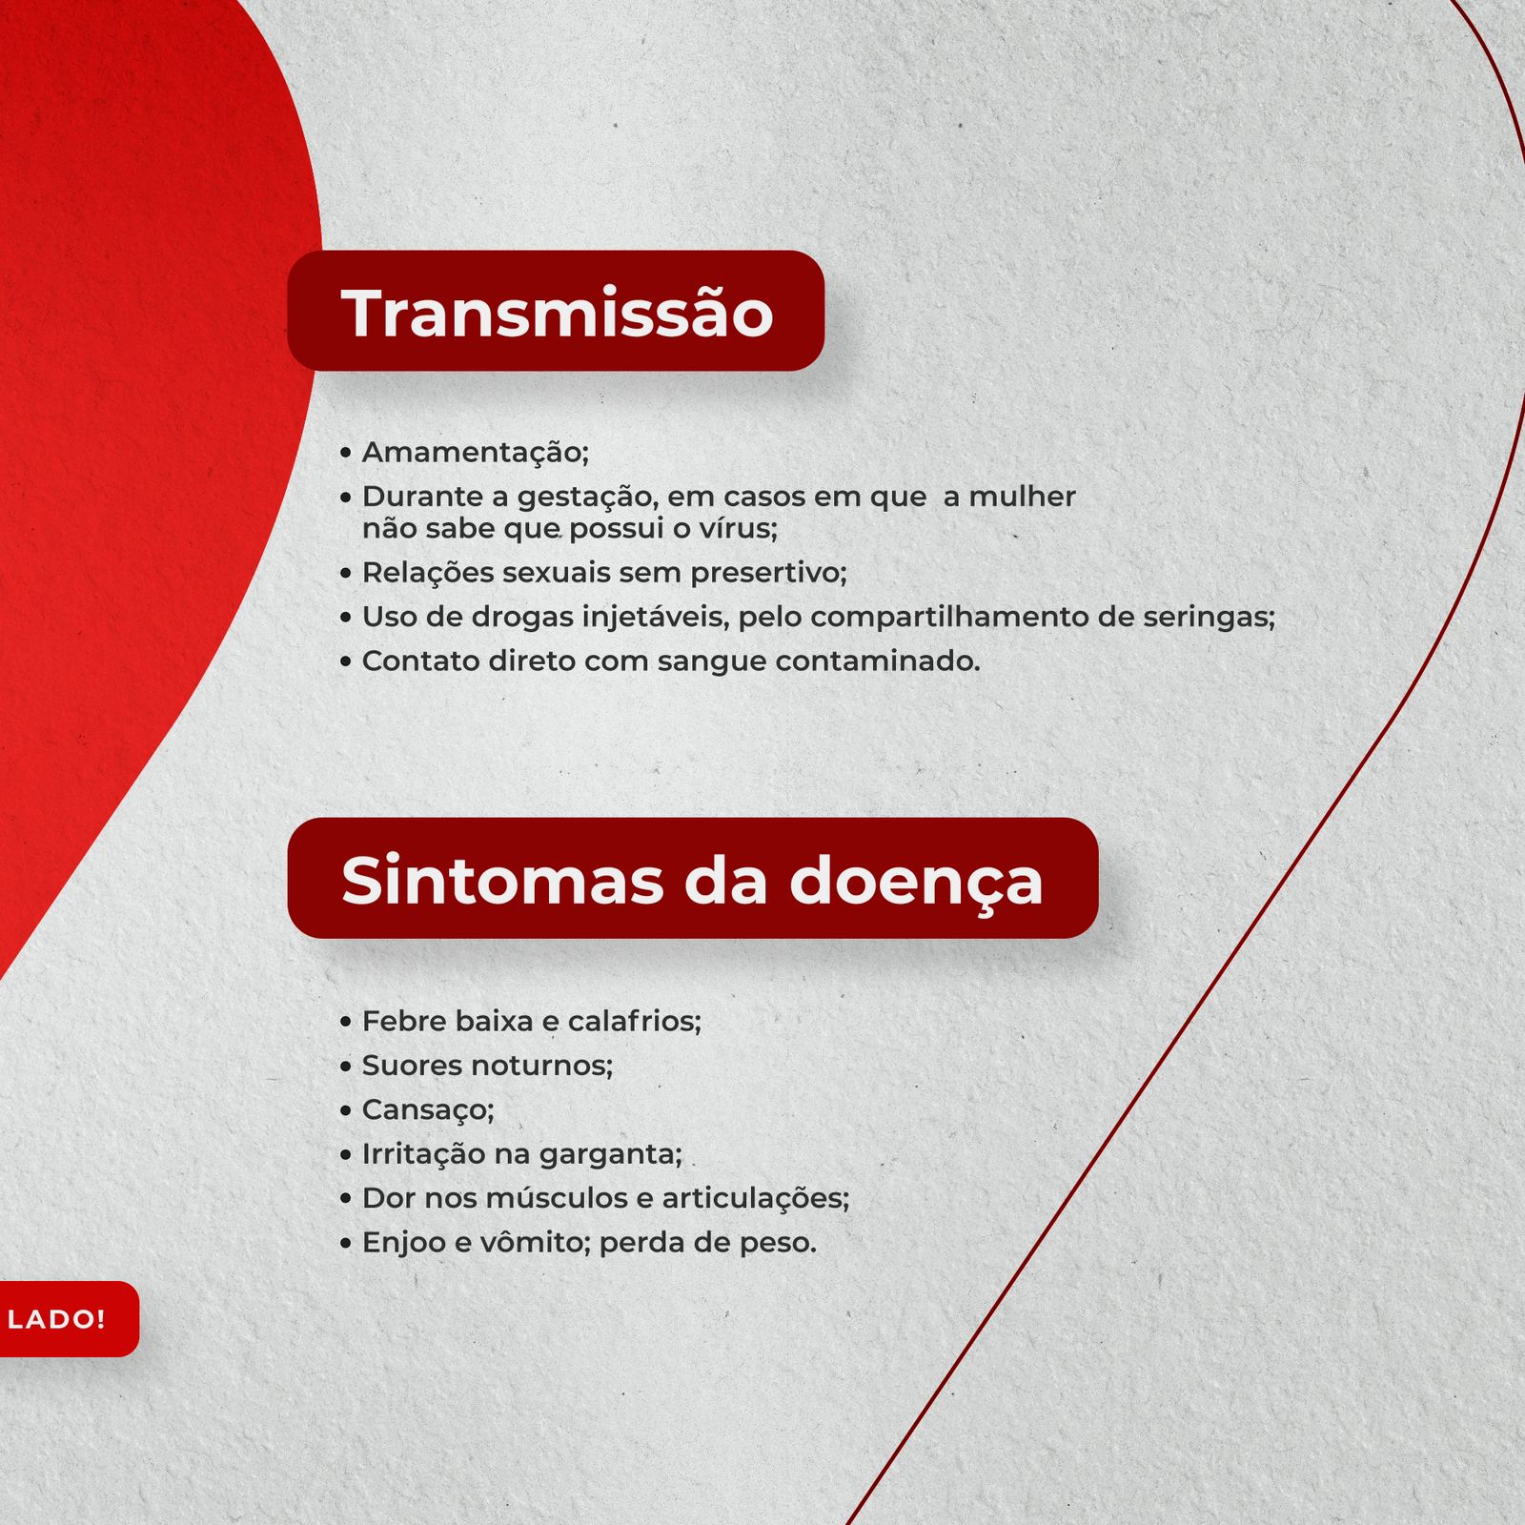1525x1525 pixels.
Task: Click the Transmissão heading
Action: [x=557, y=314]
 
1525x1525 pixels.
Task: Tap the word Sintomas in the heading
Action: [x=502, y=880]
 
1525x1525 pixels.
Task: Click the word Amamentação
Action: [x=474, y=453]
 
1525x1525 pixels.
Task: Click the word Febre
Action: [x=403, y=1021]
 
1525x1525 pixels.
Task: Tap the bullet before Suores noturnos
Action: [x=346, y=1067]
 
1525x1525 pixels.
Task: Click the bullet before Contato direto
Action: [x=346, y=661]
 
